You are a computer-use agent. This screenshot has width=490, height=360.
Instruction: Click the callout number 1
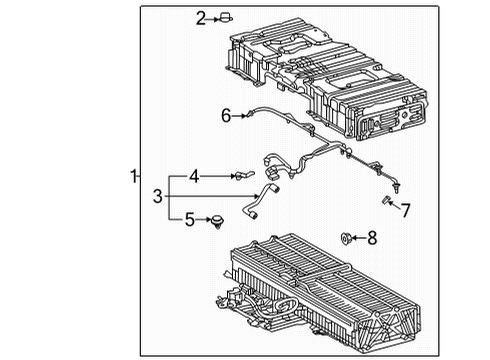tap(133, 177)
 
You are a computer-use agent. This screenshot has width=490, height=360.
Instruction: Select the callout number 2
tap(200, 17)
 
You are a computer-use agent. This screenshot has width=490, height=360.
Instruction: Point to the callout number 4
tap(196, 176)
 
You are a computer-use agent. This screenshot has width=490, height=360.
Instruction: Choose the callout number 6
tap(226, 116)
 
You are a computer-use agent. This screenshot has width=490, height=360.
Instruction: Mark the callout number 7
tap(405, 210)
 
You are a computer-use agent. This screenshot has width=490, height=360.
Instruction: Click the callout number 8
tap(373, 237)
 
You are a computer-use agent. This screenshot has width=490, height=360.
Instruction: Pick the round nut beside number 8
tap(346, 237)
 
